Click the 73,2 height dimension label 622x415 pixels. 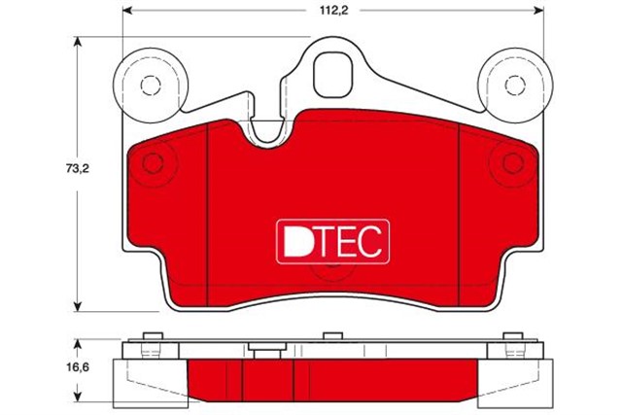pos(79,168)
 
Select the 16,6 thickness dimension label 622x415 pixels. pos(79,368)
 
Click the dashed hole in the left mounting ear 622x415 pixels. pos(149,86)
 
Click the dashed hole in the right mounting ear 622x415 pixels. pos(511,86)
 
